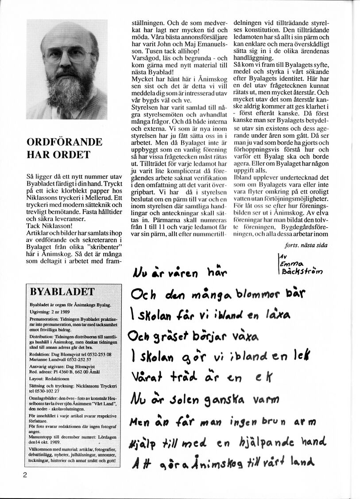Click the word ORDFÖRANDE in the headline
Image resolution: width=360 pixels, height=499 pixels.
point(64,142)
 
